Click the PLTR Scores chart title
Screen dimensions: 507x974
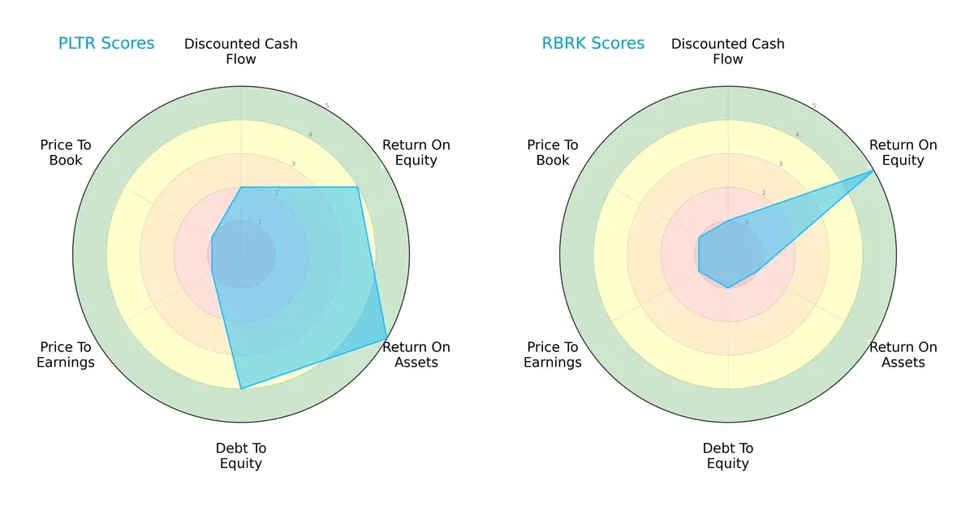tap(106, 44)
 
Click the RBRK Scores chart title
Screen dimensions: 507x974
tap(593, 44)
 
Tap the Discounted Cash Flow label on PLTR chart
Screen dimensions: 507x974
tap(241, 51)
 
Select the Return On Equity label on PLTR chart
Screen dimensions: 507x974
tap(416, 153)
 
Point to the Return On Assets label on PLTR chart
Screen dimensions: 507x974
tap(416, 354)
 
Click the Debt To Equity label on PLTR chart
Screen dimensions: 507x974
tap(241, 456)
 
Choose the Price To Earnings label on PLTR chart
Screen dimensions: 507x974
tap(66, 354)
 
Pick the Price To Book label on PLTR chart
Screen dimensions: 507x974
tap(66, 153)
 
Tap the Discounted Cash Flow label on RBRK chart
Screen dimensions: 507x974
tap(728, 51)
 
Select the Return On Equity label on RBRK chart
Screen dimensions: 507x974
tap(903, 153)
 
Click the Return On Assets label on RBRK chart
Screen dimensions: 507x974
tap(903, 354)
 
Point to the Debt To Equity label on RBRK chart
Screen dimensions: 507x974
tap(728, 456)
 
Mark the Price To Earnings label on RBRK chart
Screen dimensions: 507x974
tap(553, 354)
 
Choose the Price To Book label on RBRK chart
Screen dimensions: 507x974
tap(553, 153)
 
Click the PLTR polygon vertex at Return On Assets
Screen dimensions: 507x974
tap(386, 340)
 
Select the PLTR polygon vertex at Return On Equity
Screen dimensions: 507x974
tap(357, 187)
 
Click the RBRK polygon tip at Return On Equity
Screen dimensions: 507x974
tap(873, 170)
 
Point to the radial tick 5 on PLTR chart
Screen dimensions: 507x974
tap(327, 106)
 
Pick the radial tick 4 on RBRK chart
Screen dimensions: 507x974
tap(797, 135)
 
